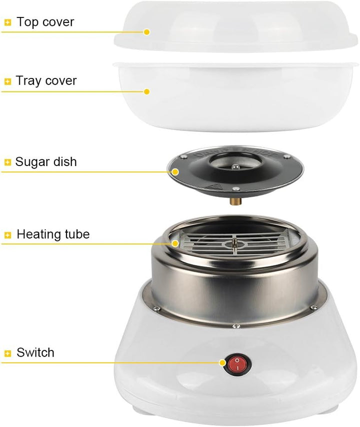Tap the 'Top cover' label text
(45, 22)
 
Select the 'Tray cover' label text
(46, 80)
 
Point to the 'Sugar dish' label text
(46, 161)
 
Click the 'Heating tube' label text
(53, 234)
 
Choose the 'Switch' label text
(35, 352)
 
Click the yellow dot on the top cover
(147, 32)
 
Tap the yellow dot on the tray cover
(147, 91)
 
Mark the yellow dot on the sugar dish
(175, 172)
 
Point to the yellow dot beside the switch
(223, 362)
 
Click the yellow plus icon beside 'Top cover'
(8, 22)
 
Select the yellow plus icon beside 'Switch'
(8, 353)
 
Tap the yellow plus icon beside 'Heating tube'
(8, 235)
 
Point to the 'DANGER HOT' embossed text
(234, 154)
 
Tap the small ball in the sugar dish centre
(235, 166)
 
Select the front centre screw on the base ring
(236, 325)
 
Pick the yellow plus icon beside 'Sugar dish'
(8, 162)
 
